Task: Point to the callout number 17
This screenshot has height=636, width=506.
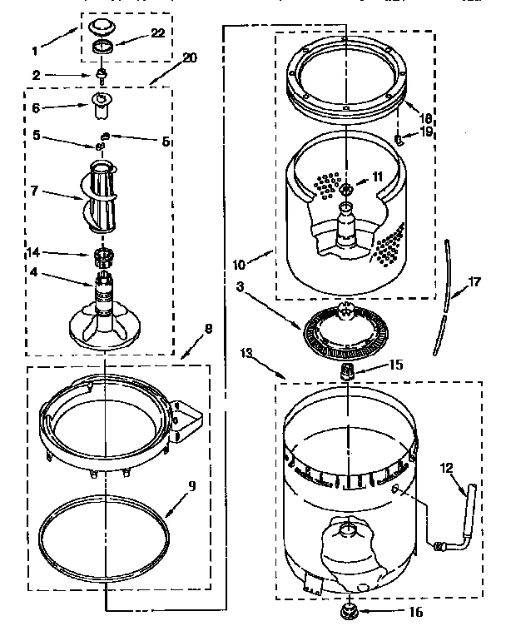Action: tap(474, 282)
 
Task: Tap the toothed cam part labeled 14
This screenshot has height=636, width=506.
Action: tap(103, 254)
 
